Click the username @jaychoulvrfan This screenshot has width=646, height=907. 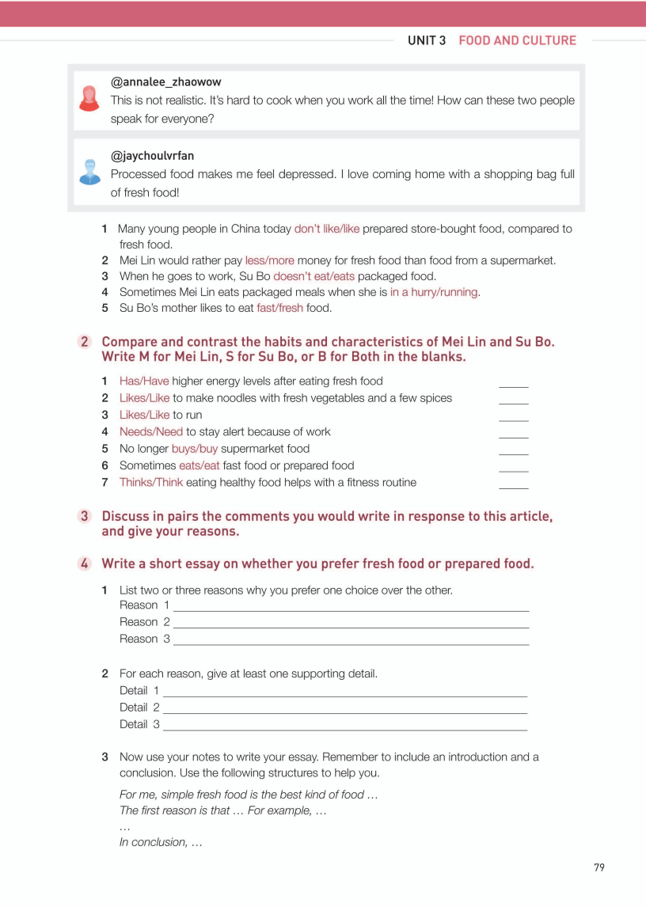click(x=153, y=156)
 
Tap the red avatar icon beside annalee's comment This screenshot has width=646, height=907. click(x=89, y=99)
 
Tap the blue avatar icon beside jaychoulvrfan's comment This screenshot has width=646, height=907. click(x=89, y=172)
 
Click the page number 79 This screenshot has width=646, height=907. click(x=598, y=867)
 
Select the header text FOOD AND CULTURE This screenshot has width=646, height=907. click(x=517, y=40)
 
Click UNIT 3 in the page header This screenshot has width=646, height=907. click(x=427, y=40)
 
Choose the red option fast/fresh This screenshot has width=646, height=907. click(x=279, y=308)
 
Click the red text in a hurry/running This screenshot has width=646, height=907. click(x=434, y=292)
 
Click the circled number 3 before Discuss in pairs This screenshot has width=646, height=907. click(x=85, y=516)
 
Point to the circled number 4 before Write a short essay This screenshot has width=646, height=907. click(x=85, y=564)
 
